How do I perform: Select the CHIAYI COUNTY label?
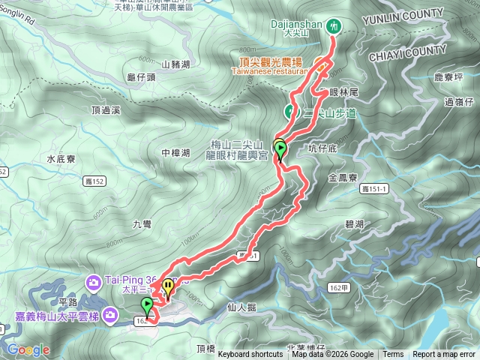[x=407, y=52]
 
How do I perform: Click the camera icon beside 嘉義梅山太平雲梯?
[x=111, y=315]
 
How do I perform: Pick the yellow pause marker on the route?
[x=168, y=286]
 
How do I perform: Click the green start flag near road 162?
[x=147, y=305]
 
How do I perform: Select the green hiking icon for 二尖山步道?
[x=289, y=112]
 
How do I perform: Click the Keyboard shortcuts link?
[x=250, y=355]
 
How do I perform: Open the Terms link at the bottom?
[x=393, y=355]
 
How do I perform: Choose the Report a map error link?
[x=445, y=355]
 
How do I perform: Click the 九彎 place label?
[x=142, y=223]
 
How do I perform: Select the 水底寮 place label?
[x=61, y=159]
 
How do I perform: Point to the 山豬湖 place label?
[x=172, y=65]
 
